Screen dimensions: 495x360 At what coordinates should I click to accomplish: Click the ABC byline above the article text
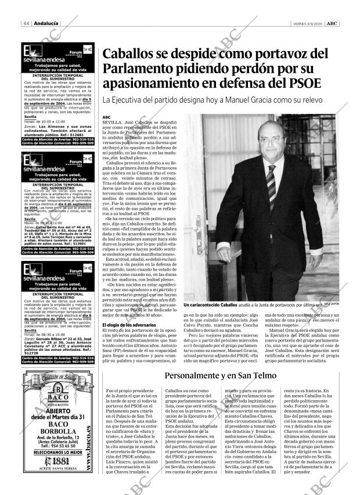[106, 117]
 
